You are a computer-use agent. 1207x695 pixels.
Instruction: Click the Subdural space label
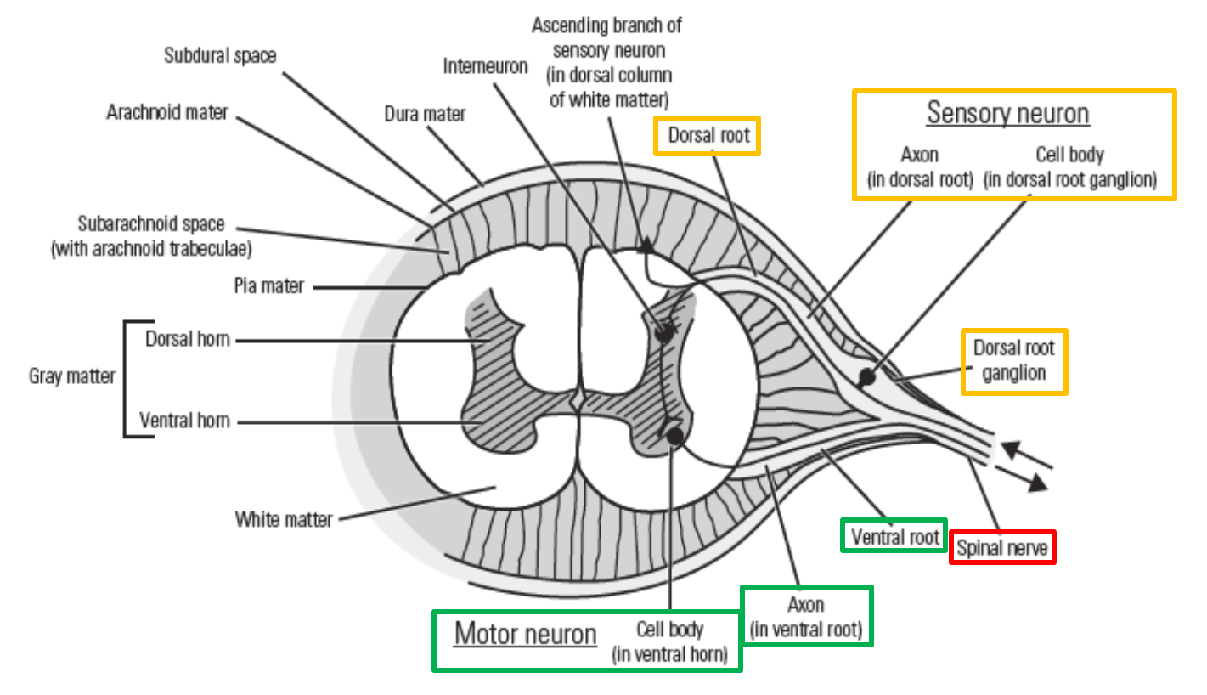(x=220, y=55)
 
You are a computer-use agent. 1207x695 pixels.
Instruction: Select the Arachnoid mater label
(x=167, y=112)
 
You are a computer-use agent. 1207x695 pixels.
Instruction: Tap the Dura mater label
(x=425, y=114)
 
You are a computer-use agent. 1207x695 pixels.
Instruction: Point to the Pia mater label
(x=268, y=285)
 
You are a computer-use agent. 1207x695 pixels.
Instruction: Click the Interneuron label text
(x=485, y=65)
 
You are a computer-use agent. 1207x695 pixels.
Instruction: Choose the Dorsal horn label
(x=187, y=339)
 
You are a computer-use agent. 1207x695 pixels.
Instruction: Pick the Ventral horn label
(x=184, y=421)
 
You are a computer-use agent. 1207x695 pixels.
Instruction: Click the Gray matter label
(x=72, y=376)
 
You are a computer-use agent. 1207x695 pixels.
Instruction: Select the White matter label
(x=284, y=518)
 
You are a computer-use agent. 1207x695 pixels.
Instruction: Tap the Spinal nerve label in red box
(x=1002, y=548)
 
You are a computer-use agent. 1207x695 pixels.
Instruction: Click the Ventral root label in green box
(x=895, y=536)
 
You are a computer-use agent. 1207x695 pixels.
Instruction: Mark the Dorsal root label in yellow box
(x=707, y=136)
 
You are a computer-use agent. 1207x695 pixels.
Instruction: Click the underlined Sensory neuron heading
(x=1007, y=113)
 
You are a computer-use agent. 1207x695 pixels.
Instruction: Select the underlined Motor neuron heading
(x=526, y=634)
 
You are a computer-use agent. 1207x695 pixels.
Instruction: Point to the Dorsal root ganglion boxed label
(x=1013, y=361)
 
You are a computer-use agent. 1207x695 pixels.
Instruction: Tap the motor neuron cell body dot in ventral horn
(x=675, y=437)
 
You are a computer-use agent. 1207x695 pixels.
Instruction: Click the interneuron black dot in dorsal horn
(x=664, y=332)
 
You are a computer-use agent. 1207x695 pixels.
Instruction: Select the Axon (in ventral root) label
(x=805, y=617)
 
